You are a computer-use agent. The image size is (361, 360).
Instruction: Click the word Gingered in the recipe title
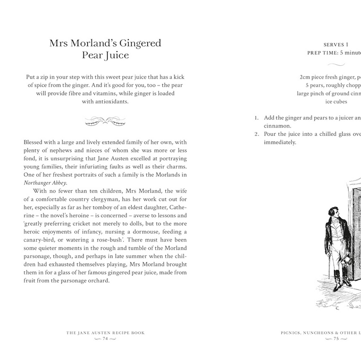pos(133,44)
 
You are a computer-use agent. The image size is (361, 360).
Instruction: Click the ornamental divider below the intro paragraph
pos(105,121)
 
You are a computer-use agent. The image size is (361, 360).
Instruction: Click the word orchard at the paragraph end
pos(96,281)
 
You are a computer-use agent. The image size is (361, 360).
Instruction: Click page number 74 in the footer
pos(105,338)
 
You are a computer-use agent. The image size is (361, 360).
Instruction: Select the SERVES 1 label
pos(336,45)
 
